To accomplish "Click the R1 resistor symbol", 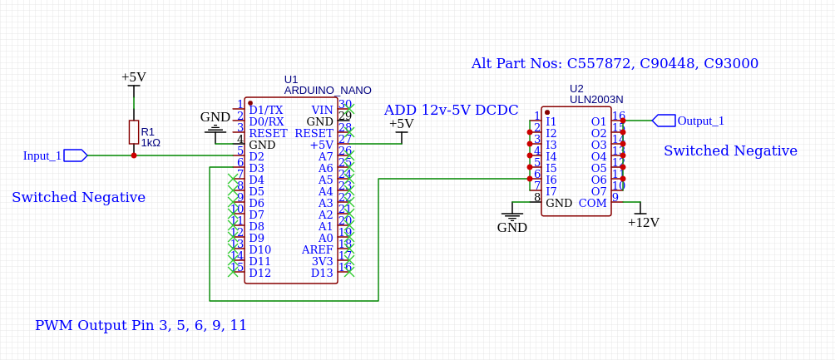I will pos(133,132).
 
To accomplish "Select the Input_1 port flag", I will pos(75,155).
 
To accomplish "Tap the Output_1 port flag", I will pos(664,121).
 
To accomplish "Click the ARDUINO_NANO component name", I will pos(328,90).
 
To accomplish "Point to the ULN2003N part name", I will pos(596,99).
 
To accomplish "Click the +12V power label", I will pos(643,222).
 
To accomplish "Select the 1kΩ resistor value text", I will pos(151,143).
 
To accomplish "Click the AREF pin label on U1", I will pos(317,249).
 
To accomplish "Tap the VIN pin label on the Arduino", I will pos(322,110).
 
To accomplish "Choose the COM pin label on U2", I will pos(593,203).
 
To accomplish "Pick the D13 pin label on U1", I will pos(322,273).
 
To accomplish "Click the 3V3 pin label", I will pos(322,261).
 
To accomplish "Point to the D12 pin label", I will pos(259,273).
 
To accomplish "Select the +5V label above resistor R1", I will pos(133,77).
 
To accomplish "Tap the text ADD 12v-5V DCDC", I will pos(451,110).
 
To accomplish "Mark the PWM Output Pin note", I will pos(141,325).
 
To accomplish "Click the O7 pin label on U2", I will pos(599,191).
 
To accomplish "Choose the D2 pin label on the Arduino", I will pos(256,156).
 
